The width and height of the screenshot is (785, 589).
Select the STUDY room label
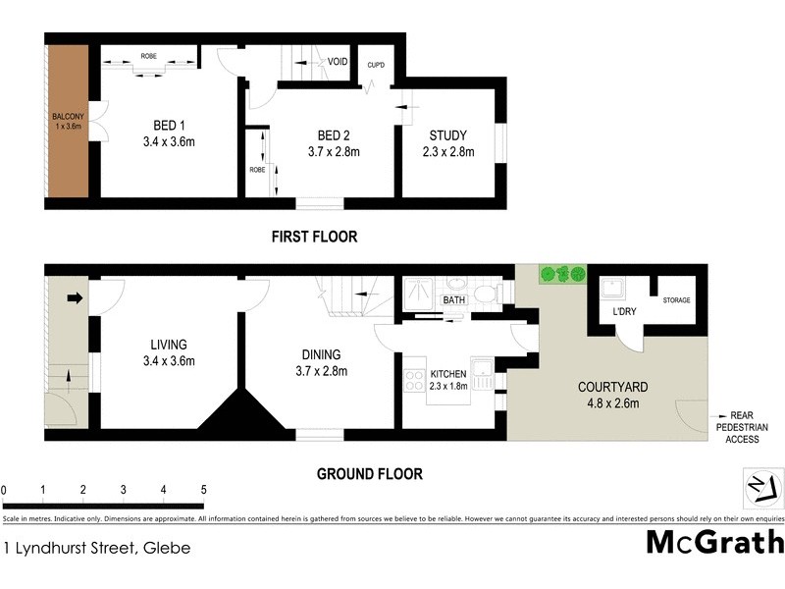(447, 135)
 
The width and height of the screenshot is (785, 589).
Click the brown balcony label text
(69, 122)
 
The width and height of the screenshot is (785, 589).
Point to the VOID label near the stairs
(339, 61)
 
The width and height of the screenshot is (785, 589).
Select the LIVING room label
(169, 345)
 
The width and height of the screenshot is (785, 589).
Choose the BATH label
(453, 300)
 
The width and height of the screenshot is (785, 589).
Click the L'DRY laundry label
(625, 311)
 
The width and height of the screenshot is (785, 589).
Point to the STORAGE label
(676, 300)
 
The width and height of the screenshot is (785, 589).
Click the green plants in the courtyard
(562, 274)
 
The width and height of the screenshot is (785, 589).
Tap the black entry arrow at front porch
(74, 297)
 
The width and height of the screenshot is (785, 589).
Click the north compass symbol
(761, 487)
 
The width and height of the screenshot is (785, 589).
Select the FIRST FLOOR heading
(314, 237)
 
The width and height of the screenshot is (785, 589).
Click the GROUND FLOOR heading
(369, 474)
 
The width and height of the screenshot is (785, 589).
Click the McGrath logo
(714, 542)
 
